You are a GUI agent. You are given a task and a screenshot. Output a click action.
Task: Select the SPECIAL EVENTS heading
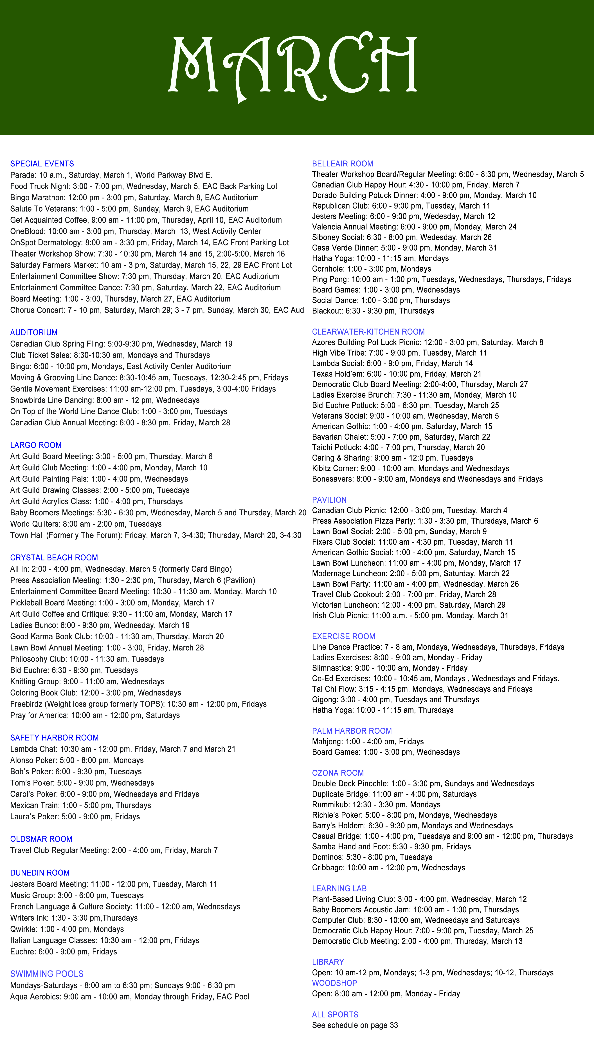[x=42, y=164]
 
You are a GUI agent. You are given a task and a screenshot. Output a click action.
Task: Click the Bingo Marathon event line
[x=134, y=198]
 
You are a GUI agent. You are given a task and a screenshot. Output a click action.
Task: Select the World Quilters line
[x=86, y=524]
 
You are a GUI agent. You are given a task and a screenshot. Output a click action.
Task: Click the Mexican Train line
[x=80, y=805]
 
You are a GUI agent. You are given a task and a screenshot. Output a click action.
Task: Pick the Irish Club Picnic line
[x=410, y=616]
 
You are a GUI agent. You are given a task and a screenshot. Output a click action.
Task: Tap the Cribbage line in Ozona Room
[x=388, y=868]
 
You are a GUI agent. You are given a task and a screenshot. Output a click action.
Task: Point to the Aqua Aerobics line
[x=130, y=997]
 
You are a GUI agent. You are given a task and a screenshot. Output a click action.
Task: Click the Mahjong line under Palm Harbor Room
[x=368, y=742]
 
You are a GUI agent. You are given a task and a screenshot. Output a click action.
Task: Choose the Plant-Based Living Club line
[x=419, y=899]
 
